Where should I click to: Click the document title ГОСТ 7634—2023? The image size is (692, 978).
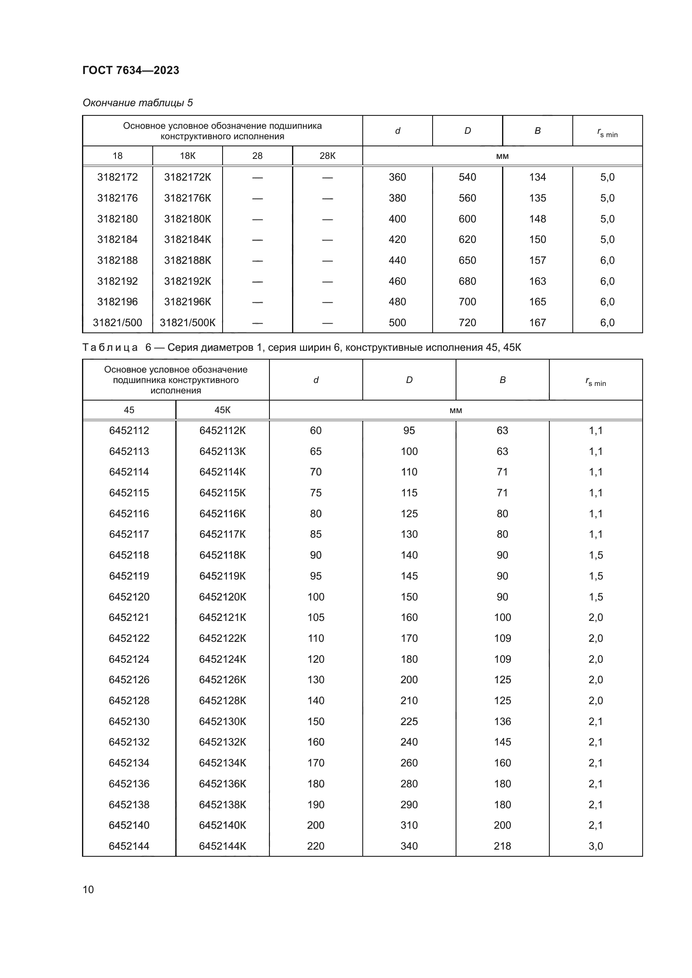coord(131,70)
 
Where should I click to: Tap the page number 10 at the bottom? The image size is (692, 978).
coord(88,889)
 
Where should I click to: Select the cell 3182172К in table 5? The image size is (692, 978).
coord(187,177)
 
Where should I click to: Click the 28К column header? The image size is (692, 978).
coord(327,156)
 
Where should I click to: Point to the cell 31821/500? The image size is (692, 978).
coord(117,323)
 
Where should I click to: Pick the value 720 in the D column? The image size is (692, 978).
coord(467,323)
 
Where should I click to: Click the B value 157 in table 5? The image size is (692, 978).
coord(537,260)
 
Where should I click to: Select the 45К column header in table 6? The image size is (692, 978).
coord(223,410)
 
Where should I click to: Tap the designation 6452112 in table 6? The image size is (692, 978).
coord(129,431)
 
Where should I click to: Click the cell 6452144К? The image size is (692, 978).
coord(223,846)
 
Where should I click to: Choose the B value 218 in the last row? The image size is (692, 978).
coord(502,846)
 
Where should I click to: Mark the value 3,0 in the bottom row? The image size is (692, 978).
coord(596,846)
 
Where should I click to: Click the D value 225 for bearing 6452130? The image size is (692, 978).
coord(409,722)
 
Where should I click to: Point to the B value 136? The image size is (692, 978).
coord(502,722)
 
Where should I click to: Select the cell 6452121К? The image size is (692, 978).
coord(223,618)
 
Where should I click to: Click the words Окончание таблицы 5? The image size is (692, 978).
coord(138,103)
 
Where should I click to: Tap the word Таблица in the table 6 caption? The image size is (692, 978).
coord(110,347)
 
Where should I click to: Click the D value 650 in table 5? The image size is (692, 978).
coord(467,260)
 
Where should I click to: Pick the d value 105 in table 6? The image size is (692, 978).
coord(316,618)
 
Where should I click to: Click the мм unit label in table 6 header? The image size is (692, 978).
coord(456,411)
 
